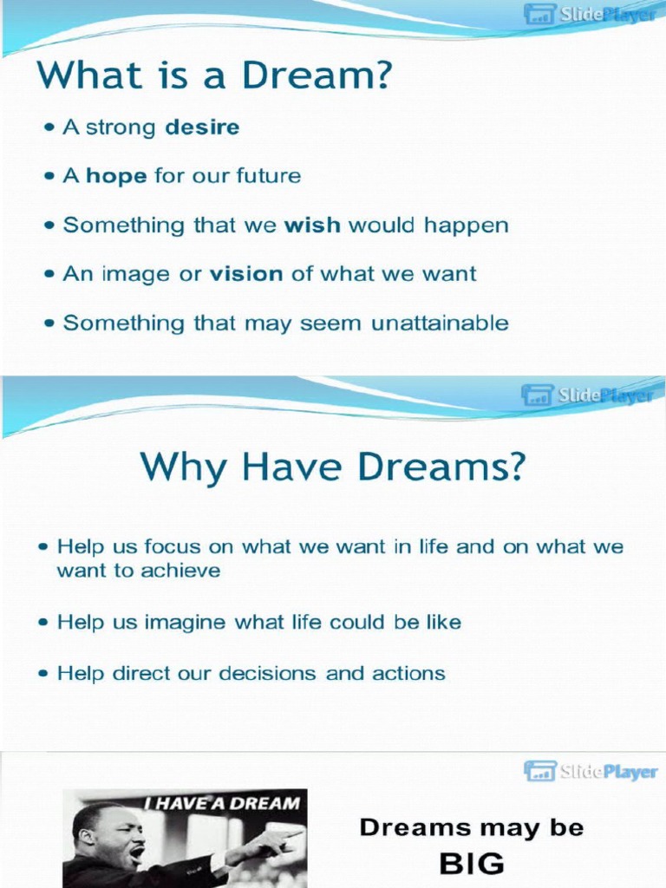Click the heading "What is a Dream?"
coord(213,75)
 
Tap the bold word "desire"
coord(202,127)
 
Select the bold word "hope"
coord(117,176)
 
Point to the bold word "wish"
coord(313,225)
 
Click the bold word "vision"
coord(246,274)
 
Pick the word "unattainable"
coord(440,323)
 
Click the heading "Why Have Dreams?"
coord(333,467)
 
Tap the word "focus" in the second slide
coord(172,547)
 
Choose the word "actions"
coord(408,673)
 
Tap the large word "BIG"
coord(472,864)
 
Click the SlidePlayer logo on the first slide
coord(590,15)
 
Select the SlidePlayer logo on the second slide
coord(587,395)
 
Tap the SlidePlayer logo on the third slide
coord(590,771)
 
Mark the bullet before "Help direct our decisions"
coord(43,674)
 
